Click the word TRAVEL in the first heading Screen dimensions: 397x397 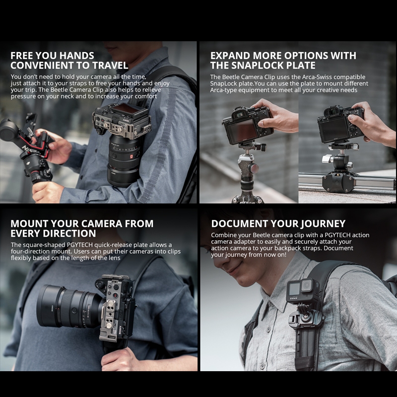110,66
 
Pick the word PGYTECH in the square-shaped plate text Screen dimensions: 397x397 80,245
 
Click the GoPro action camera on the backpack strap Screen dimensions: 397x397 303,290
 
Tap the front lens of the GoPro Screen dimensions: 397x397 307,285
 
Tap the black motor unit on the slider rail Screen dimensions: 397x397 338,181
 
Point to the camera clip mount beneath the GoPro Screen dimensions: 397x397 306,316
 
